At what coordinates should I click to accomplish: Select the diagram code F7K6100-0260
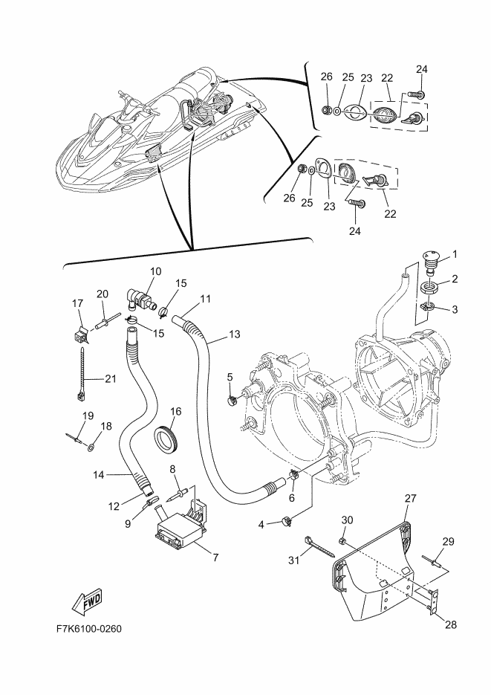coord(89,629)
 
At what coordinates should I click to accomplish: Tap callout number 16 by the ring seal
coord(176,411)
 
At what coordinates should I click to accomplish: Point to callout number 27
coord(411,498)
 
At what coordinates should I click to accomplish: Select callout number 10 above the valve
coord(156,271)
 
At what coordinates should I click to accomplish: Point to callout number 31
coord(294,560)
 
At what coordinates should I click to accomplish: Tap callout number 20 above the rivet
coord(103,294)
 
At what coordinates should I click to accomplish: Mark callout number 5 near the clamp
coord(230,377)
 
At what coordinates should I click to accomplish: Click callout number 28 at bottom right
coord(451,625)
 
